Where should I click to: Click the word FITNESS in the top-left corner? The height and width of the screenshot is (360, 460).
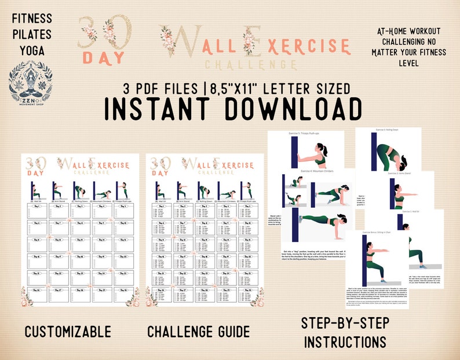point(31,19)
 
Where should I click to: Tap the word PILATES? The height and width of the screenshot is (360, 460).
point(31,35)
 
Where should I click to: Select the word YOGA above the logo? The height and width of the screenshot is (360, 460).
point(31,51)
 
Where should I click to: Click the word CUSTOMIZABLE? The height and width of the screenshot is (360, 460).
point(68,332)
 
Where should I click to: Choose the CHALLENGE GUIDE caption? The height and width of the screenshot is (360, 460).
point(198,332)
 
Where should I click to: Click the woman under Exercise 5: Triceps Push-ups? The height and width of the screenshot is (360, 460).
point(316,155)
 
